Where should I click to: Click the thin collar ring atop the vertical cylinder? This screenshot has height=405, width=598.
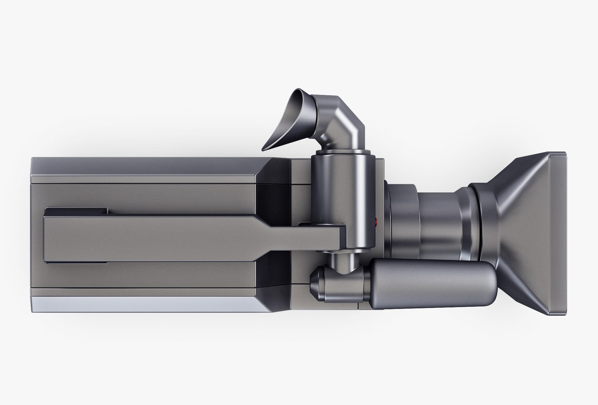[343, 152]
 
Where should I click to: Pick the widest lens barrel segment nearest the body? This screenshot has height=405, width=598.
[403, 221]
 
